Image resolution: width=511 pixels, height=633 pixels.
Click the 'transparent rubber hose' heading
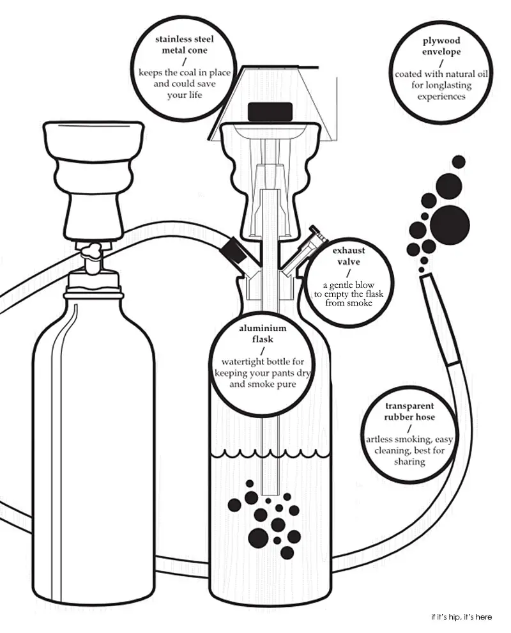point(409,412)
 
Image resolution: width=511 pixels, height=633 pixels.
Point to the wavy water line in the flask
point(271,455)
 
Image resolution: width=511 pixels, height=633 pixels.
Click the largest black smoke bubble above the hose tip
point(453,224)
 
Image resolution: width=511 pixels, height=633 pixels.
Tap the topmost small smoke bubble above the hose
point(457,161)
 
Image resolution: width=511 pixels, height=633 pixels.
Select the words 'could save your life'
point(185,89)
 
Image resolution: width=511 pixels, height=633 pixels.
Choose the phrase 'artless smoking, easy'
point(409,439)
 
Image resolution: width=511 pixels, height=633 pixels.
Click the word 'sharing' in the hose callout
point(409,461)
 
